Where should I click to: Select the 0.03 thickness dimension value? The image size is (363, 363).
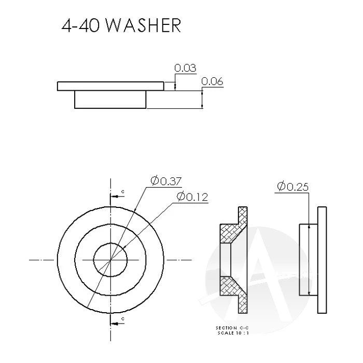185,68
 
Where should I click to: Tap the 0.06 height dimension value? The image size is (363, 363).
212,81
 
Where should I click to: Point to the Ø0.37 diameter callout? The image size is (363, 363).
166,180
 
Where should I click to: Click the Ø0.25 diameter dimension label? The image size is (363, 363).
293,186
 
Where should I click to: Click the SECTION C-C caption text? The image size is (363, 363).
232,328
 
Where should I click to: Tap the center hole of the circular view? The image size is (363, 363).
110,258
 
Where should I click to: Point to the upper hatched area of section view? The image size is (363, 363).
231,232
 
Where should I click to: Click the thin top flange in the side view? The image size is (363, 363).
109,86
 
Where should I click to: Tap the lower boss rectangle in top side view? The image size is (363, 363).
110,100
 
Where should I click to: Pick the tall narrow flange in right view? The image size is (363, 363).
322,259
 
